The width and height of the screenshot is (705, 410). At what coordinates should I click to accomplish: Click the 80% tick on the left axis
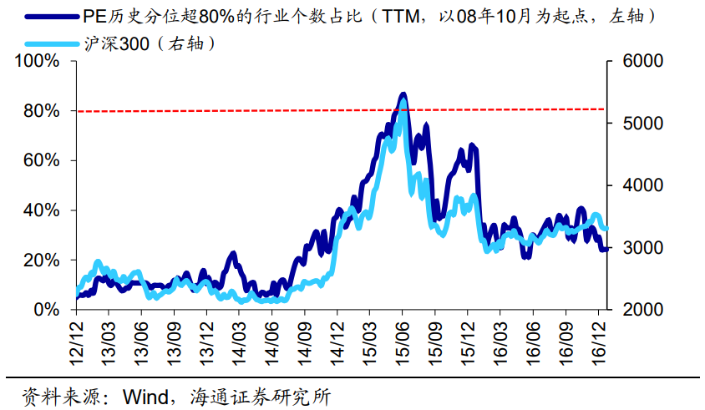[41, 111]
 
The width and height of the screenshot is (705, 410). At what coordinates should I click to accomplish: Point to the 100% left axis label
[37, 62]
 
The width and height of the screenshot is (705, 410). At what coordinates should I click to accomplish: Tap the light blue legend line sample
[53, 43]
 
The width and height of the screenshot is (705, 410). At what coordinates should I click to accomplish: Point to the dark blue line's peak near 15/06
[403, 94]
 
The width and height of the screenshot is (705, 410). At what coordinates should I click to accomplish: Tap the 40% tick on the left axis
[41, 210]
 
